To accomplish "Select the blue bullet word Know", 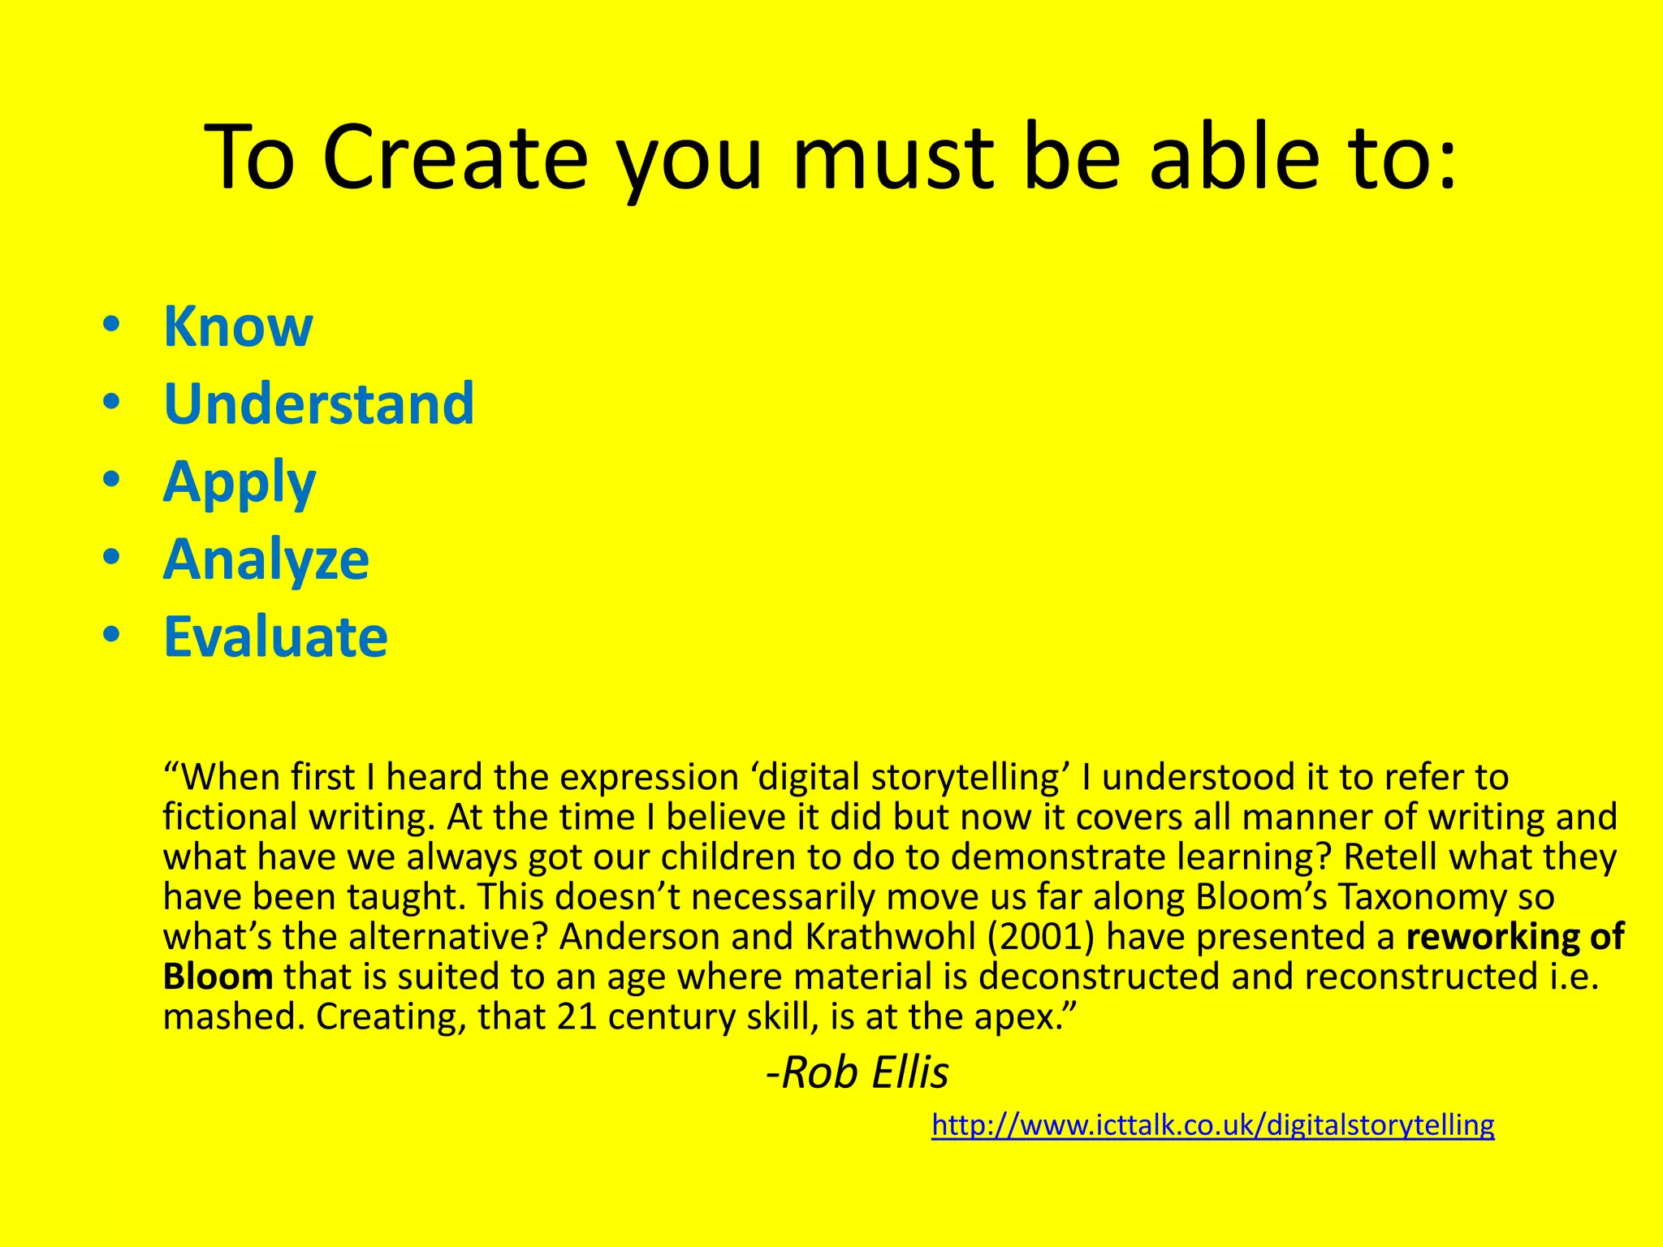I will coord(238,326).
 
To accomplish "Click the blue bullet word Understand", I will coord(318,403).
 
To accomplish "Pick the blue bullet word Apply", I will coord(240,483).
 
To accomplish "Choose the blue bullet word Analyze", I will coord(266,559).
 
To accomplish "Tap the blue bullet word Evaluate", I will coord(275,636).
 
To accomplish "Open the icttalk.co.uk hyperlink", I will coord(1212,1125).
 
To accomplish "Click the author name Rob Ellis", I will coord(859,1072).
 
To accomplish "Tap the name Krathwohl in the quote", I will coord(890,937).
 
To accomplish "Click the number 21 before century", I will coord(577,1016).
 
